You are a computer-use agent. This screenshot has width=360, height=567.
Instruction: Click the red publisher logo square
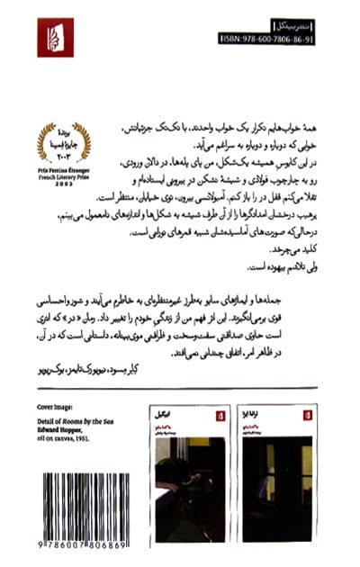coord(56,38)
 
